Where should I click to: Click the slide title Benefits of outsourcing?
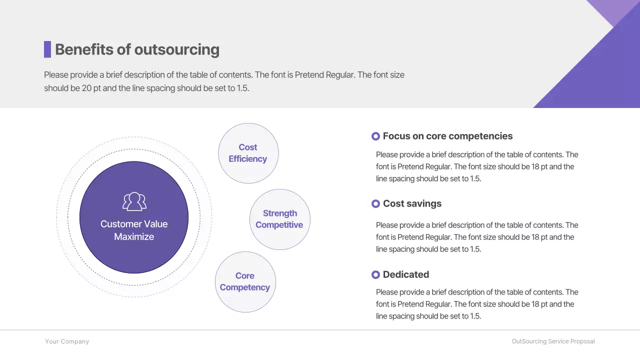point(137,49)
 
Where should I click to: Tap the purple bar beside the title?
point(47,49)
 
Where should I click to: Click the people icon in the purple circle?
point(134,201)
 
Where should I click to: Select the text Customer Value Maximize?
point(134,230)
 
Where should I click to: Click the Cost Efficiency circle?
point(248,153)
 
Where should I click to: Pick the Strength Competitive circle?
point(279,219)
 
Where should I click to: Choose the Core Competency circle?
point(245,281)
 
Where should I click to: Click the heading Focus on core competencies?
point(447,136)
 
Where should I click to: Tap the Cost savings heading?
point(412,203)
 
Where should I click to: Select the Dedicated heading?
point(405,274)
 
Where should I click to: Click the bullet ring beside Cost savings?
point(376,203)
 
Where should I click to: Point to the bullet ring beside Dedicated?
point(376,274)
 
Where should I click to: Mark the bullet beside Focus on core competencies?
point(376,136)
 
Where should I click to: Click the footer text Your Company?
point(67,341)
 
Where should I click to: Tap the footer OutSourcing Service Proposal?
point(553,341)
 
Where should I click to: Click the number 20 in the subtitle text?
point(86,88)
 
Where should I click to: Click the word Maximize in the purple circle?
point(134,237)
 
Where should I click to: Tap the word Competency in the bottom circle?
point(245,287)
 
